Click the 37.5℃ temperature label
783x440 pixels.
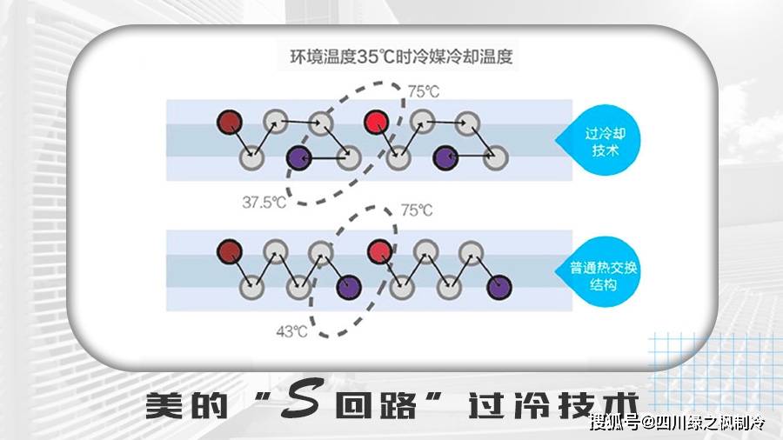[264, 202]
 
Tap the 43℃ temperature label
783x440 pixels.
[291, 331]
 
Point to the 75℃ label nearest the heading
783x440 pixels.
[423, 91]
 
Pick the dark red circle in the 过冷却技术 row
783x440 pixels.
[230, 122]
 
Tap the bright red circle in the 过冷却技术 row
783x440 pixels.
[377, 123]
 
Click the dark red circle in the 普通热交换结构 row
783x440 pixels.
[230, 251]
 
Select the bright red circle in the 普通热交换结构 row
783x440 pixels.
[379, 251]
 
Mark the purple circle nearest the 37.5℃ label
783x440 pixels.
[298, 157]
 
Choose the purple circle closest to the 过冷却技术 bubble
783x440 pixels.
[445, 157]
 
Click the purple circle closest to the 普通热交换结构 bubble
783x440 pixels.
[499, 287]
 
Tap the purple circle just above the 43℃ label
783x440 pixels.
[349, 287]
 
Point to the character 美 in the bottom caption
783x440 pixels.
[164, 404]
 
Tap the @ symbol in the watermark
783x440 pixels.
[647, 423]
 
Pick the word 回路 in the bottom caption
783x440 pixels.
[376, 404]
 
